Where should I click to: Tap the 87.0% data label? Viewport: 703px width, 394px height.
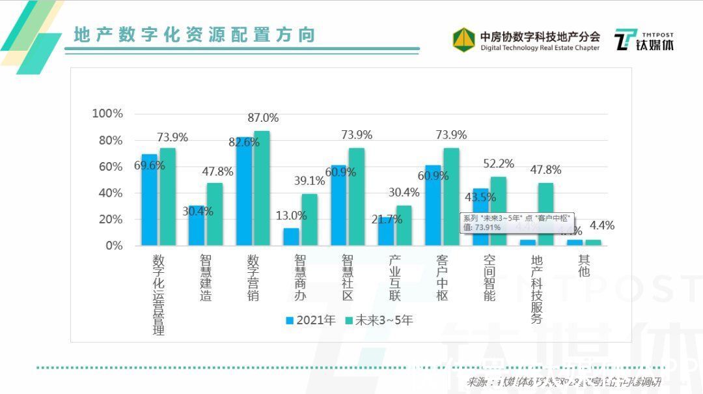coord(263,118)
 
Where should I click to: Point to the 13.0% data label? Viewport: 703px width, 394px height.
coord(290,216)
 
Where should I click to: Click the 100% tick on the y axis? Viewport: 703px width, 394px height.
coord(107,114)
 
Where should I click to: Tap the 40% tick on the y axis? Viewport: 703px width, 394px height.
coord(110,193)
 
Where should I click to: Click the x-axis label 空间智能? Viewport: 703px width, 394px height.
coord(489,277)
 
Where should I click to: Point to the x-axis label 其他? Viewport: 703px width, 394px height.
coord(584,266)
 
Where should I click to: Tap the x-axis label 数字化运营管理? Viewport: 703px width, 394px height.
coord(158,294)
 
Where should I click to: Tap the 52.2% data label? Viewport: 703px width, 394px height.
coord(498,163)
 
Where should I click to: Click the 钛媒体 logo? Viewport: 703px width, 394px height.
coord(645,40)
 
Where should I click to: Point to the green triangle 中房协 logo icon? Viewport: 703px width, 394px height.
coord(463,39)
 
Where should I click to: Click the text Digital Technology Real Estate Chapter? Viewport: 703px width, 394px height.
coord(540,48)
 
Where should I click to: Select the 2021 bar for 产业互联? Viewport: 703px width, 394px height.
coord(386,231)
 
